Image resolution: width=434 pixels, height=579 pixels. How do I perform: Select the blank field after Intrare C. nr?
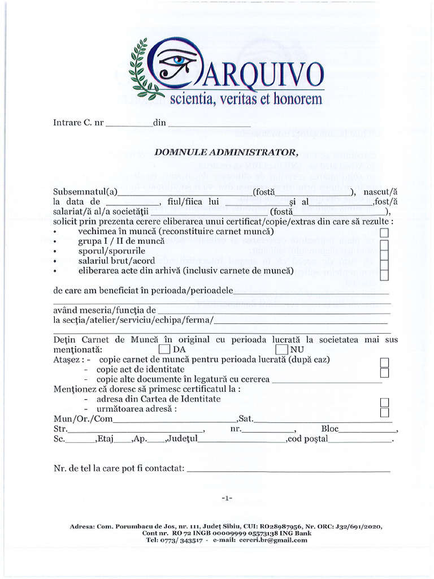click(x=129, y=123)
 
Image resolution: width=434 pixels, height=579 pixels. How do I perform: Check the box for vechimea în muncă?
click(x=384, y=232)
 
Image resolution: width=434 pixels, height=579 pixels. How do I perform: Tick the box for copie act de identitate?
click(x=384, y=372)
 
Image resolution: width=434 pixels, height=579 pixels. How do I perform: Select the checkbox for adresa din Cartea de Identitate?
click(x=384, y=402)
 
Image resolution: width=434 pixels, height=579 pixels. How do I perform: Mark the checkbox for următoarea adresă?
click(x=384, y=412)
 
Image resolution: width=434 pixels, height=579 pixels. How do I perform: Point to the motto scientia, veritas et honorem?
click(x=246, y=100)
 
